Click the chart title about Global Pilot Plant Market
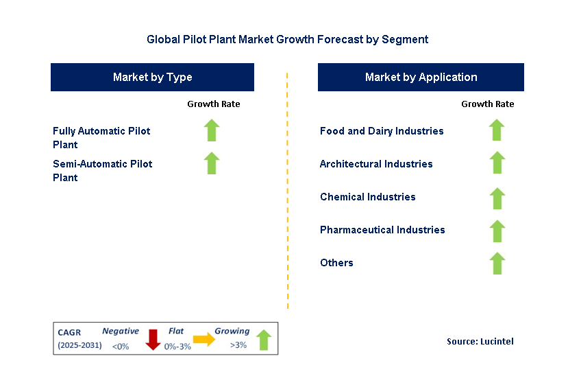(x=287, y=39)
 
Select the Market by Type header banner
(x=152, y=77)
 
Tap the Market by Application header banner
(x=421, y=77)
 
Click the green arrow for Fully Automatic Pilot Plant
(x=212, y=130)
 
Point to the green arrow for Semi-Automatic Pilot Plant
(x=212, y=163)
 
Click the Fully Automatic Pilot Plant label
(x=101, y=137)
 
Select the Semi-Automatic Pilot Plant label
(x=102, y=170)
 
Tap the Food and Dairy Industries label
(x=382, y=130)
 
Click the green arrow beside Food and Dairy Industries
(x=497, y=130)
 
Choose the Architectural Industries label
(x=376, y=163)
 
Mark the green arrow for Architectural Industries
(x=497, y=163)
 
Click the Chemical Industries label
(x=367, y=196)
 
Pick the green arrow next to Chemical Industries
(x=497, y=198)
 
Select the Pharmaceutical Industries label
(x=382, y=229)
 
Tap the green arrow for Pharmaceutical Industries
(x=497, y=231)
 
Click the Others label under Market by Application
(x=336, y=262)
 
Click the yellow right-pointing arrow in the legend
(x=204, y=338)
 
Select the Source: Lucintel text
(x=480, y=341)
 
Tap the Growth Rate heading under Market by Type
(x=213, y=104)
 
